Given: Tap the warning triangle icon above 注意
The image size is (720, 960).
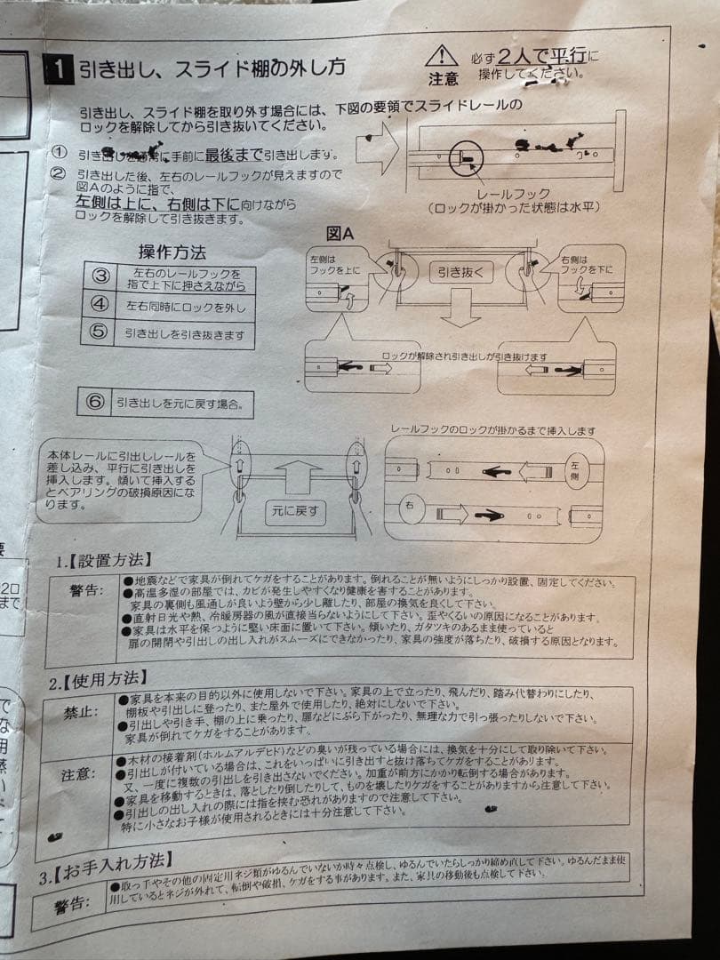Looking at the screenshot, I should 441,56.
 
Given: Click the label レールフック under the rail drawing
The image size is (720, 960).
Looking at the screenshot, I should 513,193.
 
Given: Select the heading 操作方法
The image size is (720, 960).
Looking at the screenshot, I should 172,252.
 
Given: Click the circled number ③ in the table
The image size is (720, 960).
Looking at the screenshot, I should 100,276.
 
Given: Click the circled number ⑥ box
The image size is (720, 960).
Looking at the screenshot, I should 95,401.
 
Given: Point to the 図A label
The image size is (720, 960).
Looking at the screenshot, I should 340,234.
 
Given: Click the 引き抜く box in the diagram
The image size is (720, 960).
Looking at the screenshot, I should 460,272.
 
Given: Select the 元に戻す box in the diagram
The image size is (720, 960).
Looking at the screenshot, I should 296,510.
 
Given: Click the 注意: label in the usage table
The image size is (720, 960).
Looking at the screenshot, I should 79,774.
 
